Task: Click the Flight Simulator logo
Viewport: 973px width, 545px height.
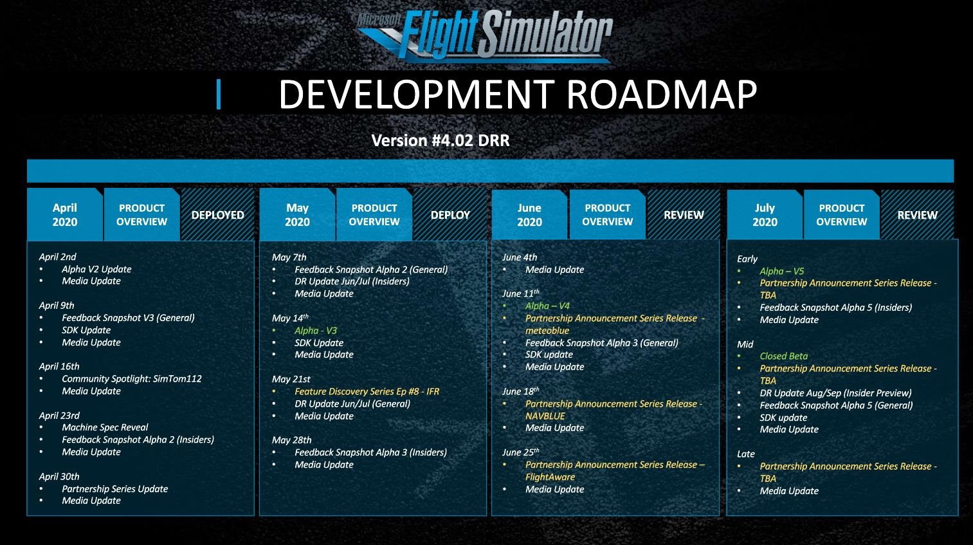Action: click(x=484, y=35)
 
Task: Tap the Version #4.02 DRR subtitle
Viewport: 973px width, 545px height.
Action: click(x=441, y=140)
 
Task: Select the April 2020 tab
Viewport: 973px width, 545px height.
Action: click(x=65, y=215)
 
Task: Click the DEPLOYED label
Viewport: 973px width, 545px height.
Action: click(x=217, y=215)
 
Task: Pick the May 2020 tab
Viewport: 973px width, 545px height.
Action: click(x=297, y=215)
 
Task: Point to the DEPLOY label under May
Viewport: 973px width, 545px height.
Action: click(x=450, y=215)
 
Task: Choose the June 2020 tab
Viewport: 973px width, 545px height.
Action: click(x=529, y=215)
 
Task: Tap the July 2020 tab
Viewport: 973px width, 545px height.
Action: click(x=765, y=215)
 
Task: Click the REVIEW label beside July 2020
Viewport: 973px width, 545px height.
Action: click(x=918, y=215)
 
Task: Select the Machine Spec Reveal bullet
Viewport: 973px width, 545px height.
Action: click(x=105, y=427)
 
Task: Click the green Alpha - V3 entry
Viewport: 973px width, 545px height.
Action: click(x=316, y=330)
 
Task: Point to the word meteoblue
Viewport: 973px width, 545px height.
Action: click(x=547, y=330)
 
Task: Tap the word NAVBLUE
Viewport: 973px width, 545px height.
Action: click(x=545, y=416)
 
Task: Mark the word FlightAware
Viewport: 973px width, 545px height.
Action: click(x=550, y=477)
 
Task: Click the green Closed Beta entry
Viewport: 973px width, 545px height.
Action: click(x=784, y=356)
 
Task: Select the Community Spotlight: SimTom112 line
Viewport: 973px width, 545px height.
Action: click(x=132, y=378)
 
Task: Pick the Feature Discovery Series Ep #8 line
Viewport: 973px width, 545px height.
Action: click(x=367, y=391)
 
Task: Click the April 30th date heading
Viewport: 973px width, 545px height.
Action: click(x=59, y=476)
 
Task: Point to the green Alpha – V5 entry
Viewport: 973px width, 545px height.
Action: click(x=782, y=271)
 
